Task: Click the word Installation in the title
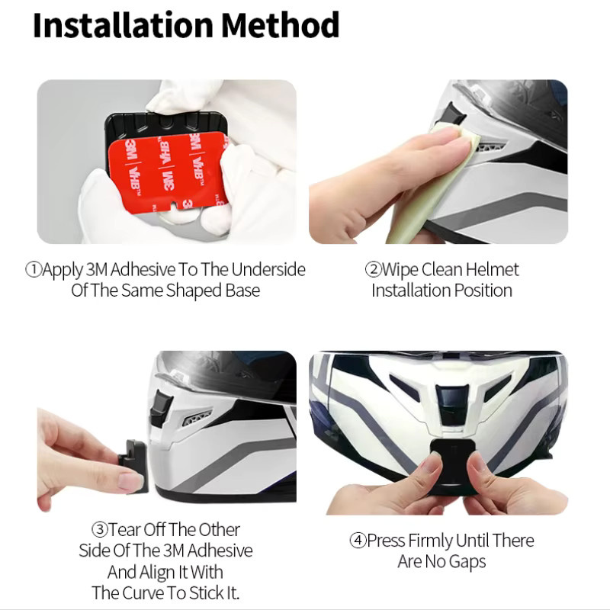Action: coord(123,25)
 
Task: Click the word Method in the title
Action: coord(281,25)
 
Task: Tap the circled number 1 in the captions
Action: coord(33,269)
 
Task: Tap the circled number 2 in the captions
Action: coord(373,269)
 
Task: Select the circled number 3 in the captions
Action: coord(99,529)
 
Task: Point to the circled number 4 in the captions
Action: coord(358,541)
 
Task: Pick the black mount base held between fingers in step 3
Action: coord(134,466)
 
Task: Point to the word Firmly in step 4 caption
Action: coord(430,541)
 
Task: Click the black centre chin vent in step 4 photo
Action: coord(451,405)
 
